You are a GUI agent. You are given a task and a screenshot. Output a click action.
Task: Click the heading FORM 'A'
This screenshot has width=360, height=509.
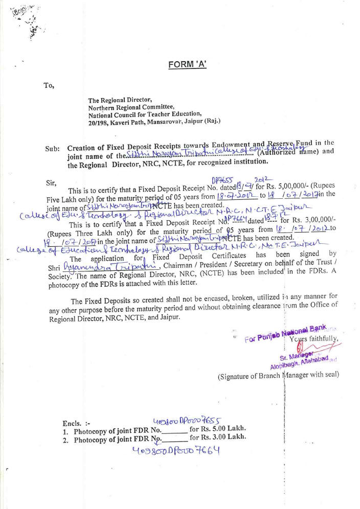[x=187, y=64]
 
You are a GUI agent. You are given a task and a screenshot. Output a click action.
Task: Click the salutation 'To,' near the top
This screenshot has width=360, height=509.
[x=49, y=85]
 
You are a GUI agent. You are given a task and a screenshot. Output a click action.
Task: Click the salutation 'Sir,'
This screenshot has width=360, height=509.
[x=51, y=182]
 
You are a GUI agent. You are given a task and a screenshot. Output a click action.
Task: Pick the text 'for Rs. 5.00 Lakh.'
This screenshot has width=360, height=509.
[x=218, y=428]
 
